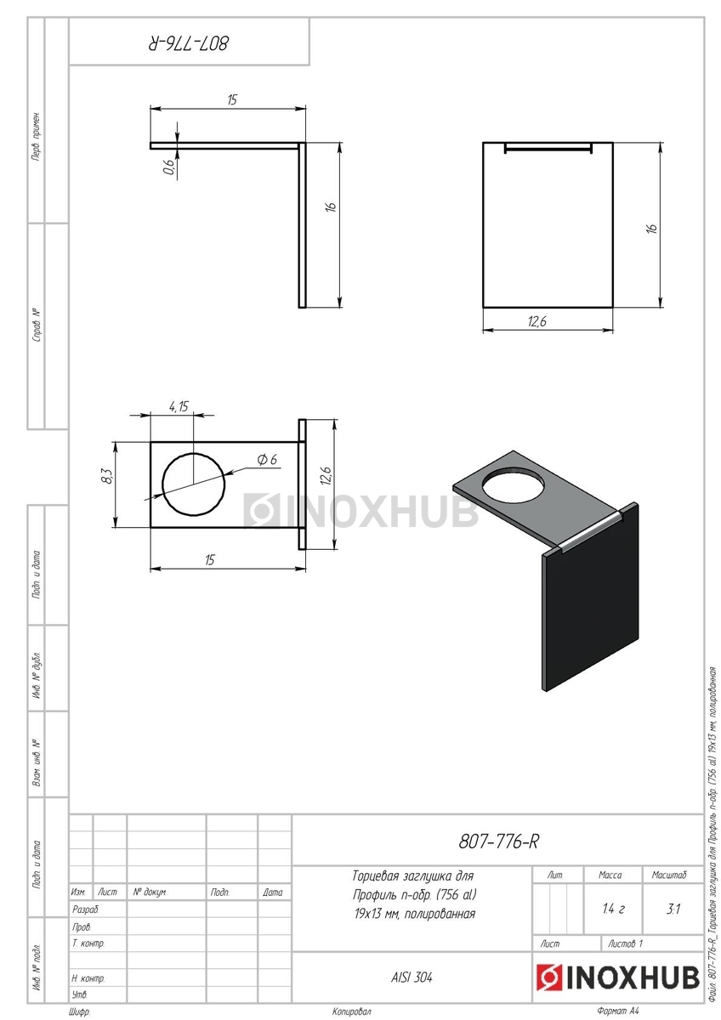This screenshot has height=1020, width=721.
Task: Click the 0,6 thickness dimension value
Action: pyautogui.click(x=169, y=167)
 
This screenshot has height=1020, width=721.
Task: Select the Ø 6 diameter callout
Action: pyautogui.click(x=267, y=460)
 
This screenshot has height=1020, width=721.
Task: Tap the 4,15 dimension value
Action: pyautogui.click(x=179, y=406)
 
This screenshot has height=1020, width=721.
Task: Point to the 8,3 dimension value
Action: pyautogui.click(x=107, y=476)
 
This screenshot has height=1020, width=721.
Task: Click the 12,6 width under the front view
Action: pyautogui.click(x=537, y=321)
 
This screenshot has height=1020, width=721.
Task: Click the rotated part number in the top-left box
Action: pyautogui.click(x=188, y=43)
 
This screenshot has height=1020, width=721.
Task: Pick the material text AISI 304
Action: pyautogui.click(x=412, y=977)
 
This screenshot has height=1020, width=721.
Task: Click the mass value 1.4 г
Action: pyautogui.click(x=613, y=909)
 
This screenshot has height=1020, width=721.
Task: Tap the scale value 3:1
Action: pyautogui.click(x=673, y=909)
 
